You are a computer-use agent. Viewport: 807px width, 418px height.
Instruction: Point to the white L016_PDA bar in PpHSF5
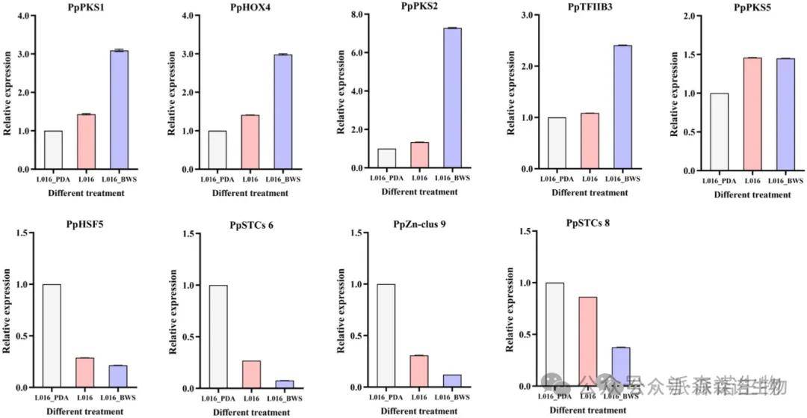pos(52,336)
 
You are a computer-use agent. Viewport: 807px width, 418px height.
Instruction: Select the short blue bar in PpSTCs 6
pos(284,384)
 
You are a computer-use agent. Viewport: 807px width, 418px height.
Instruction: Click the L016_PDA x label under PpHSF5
pos(52,398)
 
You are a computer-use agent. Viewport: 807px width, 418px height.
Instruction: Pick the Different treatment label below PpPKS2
pos(420,191)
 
